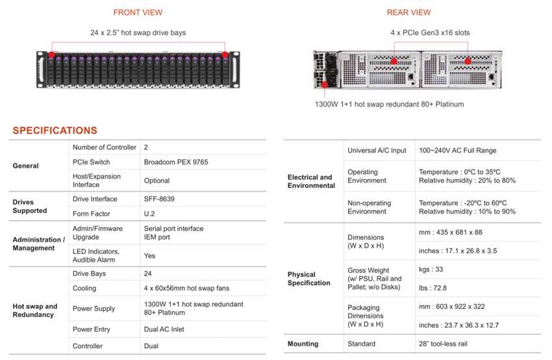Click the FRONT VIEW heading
point(138,12)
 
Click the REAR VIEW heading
point(408,12)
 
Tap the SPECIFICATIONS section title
point(55,131)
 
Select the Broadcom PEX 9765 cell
point(175,162)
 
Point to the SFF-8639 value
point(160,199)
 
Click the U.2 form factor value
point(149,214)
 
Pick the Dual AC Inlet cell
point(164,329)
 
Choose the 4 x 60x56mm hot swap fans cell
point(186,288)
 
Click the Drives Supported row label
point(30,206)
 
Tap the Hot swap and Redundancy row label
point(35,310)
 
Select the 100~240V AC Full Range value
point(458,151)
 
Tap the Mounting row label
point(303,344)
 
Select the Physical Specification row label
point(308,279)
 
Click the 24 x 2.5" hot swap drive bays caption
point(138,32)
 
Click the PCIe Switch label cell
point(91,162)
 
